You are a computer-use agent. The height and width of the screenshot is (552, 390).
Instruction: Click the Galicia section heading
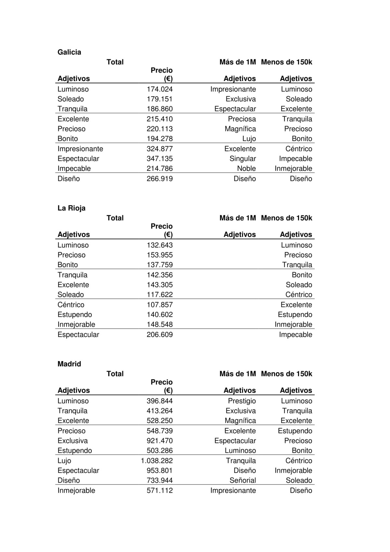pyautogui.click(x=69, y=52)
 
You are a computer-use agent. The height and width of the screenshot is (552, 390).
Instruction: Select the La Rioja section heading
pyautogui.click(x=71, y=208)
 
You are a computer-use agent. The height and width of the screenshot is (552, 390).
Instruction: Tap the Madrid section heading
pyautogui.click(x=69, y=364)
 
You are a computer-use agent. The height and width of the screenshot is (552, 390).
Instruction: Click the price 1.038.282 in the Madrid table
pyautogui.click(x=157, y=461)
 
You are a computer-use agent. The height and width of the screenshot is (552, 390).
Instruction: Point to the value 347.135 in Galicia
pyautogui.click(x=160, y=159)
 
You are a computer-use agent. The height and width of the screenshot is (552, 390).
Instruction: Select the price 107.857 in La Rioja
pyautogui.click(x=160, y=305)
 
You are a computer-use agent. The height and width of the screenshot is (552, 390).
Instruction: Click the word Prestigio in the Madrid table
pyautogui.click(x=242, y=401)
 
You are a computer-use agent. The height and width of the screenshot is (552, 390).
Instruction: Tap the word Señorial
pyautogui.click(x=242, y=480)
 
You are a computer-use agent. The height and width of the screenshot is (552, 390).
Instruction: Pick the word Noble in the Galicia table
pyautogui.click(x=246, y=168)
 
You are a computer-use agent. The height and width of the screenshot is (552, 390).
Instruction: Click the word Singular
pyautogui.click(x=242, y=159)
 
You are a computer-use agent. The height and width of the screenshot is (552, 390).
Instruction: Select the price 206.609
pyautogui.click(x=160, y=335)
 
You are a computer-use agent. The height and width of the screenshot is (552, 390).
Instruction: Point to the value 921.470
pyautogui.click(x=160, y=441)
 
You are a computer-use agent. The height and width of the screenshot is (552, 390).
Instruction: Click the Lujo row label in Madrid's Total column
pyautogui.click(x=64, y=461)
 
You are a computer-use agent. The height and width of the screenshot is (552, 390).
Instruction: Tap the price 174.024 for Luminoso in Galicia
pyautogui.click(x=160, y=89)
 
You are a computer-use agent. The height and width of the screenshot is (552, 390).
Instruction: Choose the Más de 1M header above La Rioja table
pyautogui.click(x=238, y=218)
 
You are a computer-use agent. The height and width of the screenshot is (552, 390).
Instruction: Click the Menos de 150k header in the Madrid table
pyautogui.click(x=286, y=374)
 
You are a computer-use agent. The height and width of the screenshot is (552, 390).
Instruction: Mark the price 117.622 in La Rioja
pyautogui.click(x=160, y=295)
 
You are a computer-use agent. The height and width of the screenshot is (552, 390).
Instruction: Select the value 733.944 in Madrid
pyautogui.click(x=160, y=480)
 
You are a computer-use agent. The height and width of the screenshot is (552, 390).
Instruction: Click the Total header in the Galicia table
pyautogui.click(x=115, y=62)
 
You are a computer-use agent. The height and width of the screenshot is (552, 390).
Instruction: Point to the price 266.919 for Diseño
pyautogui.click(x=160, y=179)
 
